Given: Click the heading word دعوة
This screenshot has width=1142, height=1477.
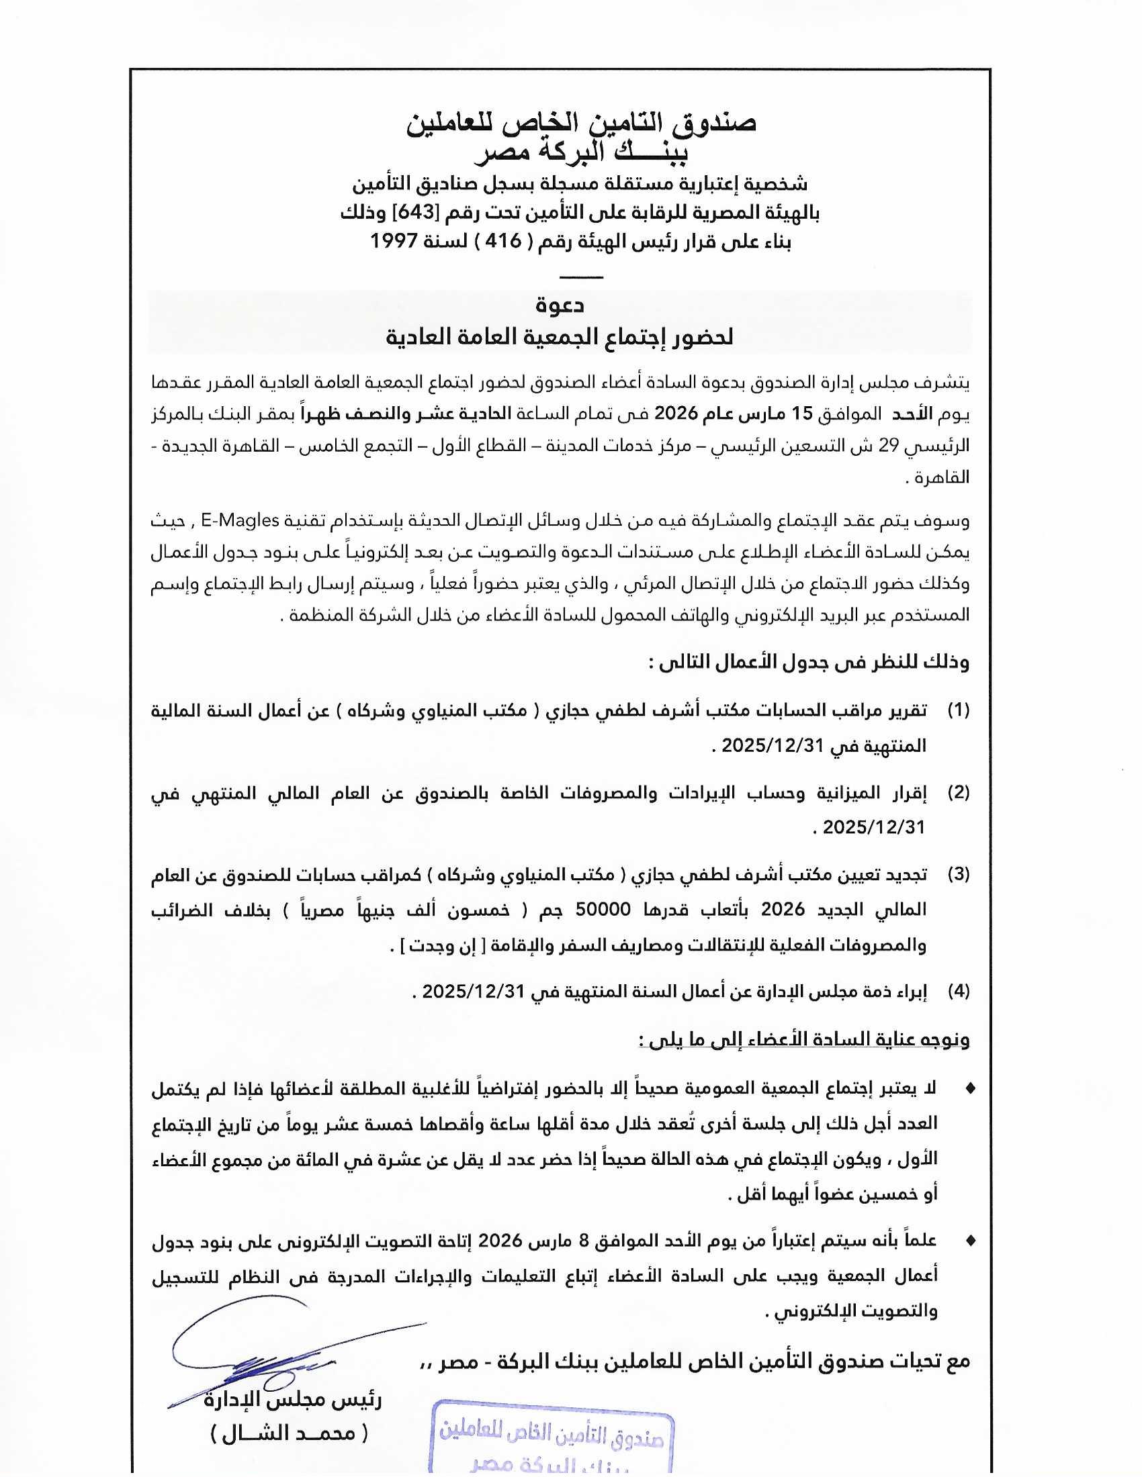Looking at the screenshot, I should click(560, 305).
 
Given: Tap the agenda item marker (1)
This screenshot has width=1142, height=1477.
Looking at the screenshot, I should click(958, 710).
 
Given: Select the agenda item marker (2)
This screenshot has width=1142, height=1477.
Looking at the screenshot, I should click(958, 792).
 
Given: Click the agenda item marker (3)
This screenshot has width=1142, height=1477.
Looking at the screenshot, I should click(958, 873).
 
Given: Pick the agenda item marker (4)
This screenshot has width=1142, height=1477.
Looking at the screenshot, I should click(958, 992).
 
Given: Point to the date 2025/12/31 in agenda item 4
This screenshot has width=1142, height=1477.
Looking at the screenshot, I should click(473, 992).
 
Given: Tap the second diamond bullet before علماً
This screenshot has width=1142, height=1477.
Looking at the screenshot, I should click(971, 1240).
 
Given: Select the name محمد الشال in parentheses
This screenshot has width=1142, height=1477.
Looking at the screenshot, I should click(290, 1432).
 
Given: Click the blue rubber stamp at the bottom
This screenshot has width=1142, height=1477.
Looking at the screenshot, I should click(554, 1441).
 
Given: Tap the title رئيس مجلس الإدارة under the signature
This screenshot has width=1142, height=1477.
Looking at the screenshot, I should click(293, 1400).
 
